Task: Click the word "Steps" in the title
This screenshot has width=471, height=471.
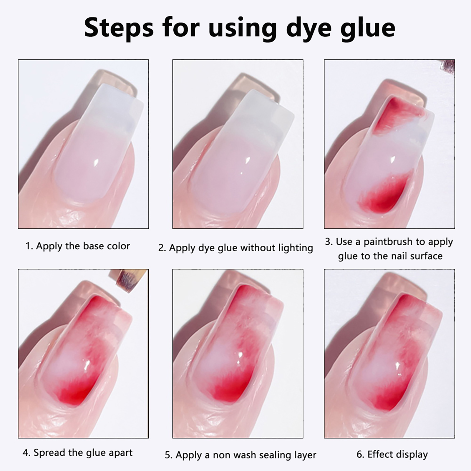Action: coord(119,28)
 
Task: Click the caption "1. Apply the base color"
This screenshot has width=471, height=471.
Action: coord(78,246)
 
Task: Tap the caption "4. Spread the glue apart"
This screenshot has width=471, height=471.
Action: coord(78,452)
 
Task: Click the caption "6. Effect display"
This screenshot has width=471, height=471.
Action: coord(392,454)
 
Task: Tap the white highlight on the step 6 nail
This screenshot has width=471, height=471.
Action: coord(398,366)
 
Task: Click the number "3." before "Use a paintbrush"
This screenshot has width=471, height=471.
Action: coord(329,242)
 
